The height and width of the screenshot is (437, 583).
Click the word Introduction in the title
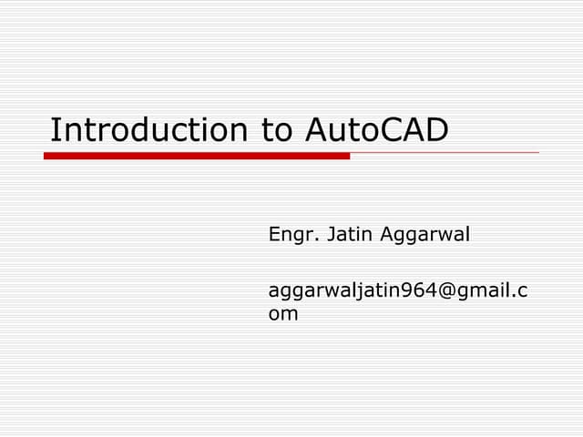(x=145, y=130)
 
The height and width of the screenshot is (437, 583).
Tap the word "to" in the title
(x=276, y=130)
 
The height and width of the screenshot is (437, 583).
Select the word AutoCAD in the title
(x=376, y=130)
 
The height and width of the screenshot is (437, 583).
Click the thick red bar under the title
(x=197, y=156)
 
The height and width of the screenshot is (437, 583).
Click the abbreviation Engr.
(x=290, y=235)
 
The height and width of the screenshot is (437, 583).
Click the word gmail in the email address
(x=479, y=291)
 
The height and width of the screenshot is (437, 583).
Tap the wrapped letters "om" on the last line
(x=283, y=314)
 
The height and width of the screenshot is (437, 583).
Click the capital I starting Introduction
(x=54, y=130)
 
